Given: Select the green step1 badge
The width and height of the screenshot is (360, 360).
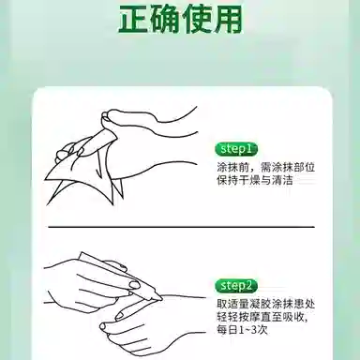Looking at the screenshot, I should tap(235, 148).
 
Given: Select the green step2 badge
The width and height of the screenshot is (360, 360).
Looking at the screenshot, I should tap(235, 285).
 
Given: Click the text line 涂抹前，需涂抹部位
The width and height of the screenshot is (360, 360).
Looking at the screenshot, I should tap(267, 167).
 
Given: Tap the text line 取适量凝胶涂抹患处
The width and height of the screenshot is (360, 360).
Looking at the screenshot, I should tap(273, 304).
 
